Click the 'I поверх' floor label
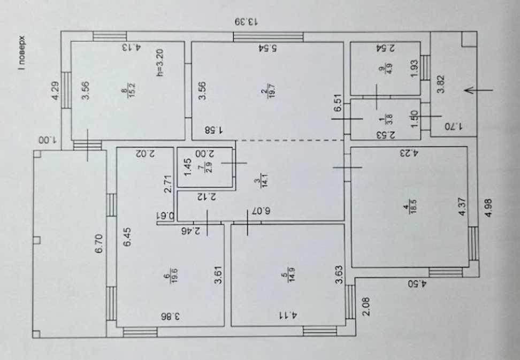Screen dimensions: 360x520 (21, 53)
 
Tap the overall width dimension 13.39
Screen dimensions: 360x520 (246, 22)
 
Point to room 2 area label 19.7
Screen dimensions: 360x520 (264, 94)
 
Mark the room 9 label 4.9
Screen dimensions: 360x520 (381, 70)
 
